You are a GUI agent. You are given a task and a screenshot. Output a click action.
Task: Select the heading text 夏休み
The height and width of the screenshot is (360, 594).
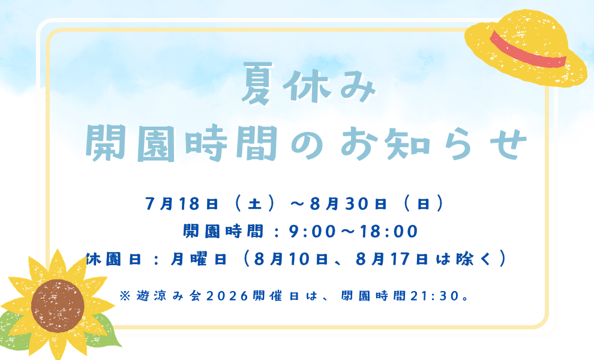click(x=308, y=84)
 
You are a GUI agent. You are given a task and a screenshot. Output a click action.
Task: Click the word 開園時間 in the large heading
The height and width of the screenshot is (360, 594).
click(x=181, y=143)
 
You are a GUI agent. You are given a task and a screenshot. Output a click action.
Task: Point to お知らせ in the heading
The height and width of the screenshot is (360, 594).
click(x=433, y=143)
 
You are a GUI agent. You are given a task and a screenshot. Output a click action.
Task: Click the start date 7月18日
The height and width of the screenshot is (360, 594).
click(x=182, y=204)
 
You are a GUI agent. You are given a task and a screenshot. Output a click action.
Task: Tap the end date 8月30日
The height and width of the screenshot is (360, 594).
click(x=349, y=204)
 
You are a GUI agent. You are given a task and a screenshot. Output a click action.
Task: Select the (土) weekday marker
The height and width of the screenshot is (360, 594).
click(x=254, y=204)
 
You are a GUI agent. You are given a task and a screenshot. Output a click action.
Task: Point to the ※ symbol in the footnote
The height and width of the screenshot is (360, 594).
click(x=125, y=296)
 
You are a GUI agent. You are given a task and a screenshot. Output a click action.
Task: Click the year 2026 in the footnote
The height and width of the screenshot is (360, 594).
click(x=227, y=296)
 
